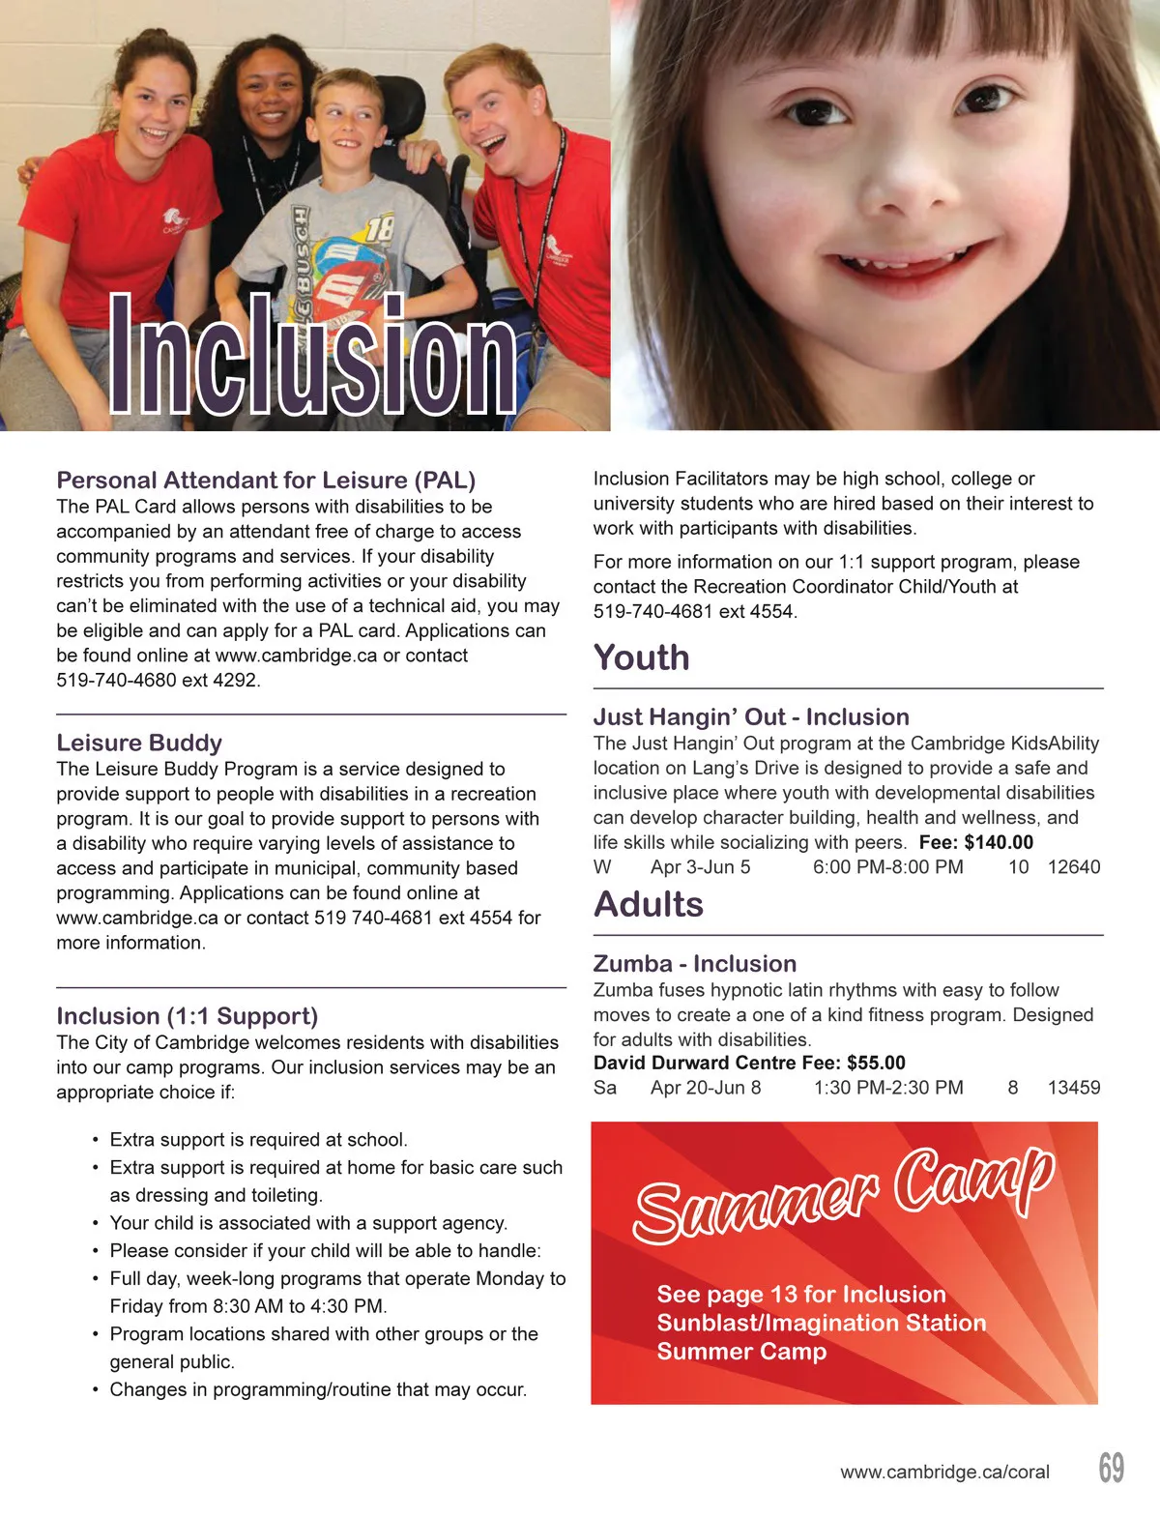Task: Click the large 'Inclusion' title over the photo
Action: (312, 356)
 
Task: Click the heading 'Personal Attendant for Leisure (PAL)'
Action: (266, 481)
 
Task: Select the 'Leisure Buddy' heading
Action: (139, 743)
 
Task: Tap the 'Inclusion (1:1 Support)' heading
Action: (187, 1016)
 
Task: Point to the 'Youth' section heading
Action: (641, 657)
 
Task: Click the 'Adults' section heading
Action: (648, 904)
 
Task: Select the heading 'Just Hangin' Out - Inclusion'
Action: (751, 716)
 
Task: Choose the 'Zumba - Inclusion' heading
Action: (694, 964)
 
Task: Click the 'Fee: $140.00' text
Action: (975, 842)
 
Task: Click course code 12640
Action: (1073, 867)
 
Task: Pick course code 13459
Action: (1073, 1088)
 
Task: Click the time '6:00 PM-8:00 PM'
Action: (887, 867)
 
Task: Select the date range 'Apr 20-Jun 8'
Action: (706, 1088)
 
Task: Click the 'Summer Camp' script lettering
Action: (842, 1192)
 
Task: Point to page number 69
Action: (1111, 1468)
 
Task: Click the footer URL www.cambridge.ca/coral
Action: (944, 1473)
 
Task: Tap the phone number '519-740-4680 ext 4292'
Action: (158, 680)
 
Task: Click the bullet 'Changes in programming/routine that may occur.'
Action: (318, 1389)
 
